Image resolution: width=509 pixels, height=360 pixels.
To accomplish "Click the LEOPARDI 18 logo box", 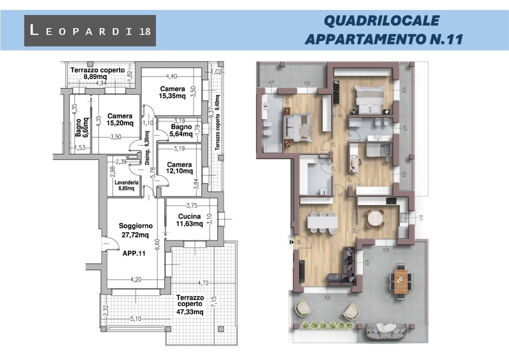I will (90, 30).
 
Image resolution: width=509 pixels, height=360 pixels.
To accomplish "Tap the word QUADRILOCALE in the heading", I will (381, 21).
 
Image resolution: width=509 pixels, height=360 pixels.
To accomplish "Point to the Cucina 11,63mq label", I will (188, 220).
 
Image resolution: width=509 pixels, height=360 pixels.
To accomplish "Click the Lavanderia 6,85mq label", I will (126, 185).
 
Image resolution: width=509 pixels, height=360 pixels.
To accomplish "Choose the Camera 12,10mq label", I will (179, 167).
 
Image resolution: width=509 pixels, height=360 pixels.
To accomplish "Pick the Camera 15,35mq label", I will (172, 92).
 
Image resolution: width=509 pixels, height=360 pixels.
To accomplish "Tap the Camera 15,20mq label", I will (120, 119).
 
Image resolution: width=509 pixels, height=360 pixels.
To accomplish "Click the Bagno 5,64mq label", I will (180, 130).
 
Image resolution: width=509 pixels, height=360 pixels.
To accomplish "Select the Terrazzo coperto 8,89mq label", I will (97, 73).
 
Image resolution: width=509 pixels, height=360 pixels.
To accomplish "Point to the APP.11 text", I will (133, 253).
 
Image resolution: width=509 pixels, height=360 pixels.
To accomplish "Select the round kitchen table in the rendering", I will (374, 218).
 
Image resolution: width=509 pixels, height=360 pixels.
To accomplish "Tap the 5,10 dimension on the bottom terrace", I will (134, 318).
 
